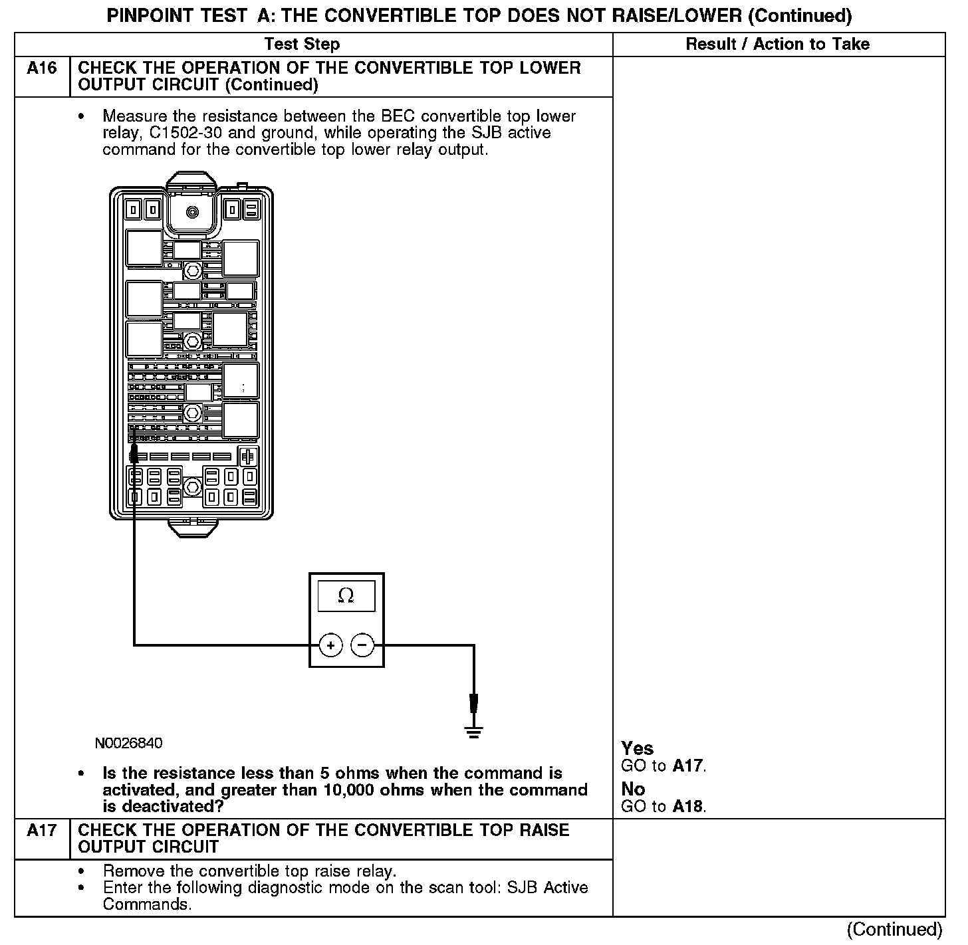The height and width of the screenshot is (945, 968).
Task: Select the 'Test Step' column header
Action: tap(302, 45)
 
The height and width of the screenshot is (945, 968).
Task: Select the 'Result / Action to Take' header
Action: tap(777, 45)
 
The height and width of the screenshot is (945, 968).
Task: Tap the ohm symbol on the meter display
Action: tap(346, 596)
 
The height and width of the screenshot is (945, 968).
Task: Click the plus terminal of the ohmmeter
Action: tap(330, 645)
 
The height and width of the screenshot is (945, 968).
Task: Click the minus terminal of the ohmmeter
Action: tap(362, 645)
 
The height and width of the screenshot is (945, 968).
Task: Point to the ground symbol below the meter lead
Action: tap(474, 732)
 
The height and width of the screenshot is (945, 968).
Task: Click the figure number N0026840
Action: tap(128, 743)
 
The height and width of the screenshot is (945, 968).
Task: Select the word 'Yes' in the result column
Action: tap(637, 748)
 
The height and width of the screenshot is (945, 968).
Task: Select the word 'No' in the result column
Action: tap(633, 789)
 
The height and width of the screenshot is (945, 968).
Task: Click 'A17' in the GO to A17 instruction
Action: tap(687, 766)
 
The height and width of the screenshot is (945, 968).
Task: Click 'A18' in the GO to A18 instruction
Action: tap(687, 806)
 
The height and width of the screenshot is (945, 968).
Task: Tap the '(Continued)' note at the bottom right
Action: tap(895, 929)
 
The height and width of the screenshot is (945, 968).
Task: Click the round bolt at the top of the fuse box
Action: tap(192, 213)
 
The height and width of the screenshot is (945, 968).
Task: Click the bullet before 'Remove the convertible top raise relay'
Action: tap(81, 871)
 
